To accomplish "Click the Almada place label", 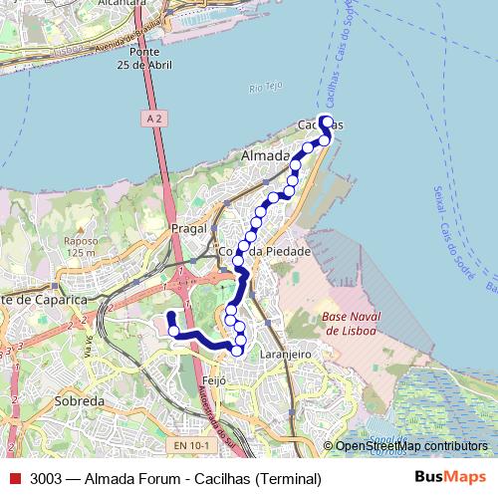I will [265, 156].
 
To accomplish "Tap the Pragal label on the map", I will [189, 228].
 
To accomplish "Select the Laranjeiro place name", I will [289, 354].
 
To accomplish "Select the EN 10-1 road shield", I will [189, 445].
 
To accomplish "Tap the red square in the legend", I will [15, 478].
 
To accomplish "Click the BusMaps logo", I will [450, 478].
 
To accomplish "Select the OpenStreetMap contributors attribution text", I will [411, 446].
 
